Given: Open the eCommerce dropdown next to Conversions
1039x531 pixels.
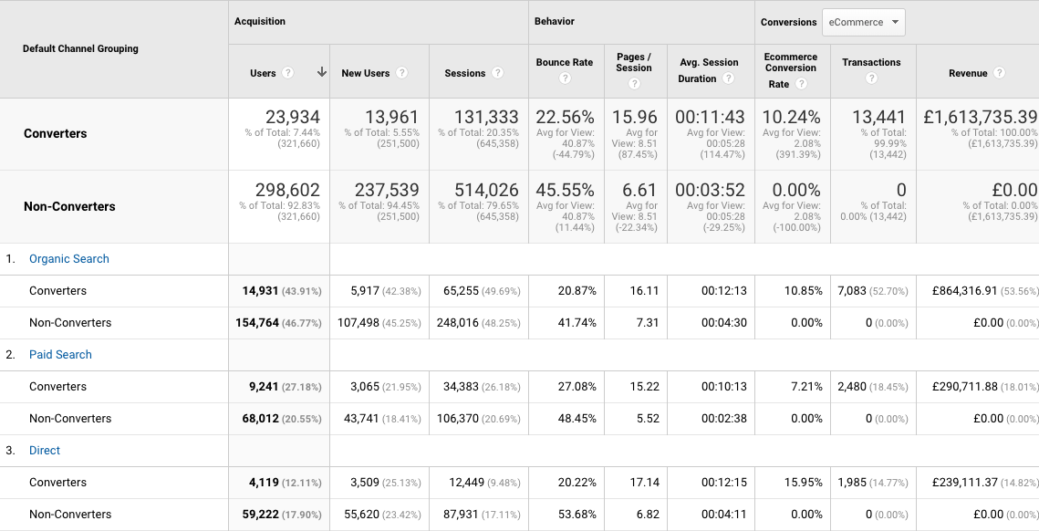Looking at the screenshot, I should (x=863, y=23).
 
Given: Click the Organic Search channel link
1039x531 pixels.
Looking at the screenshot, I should (x=69, y=259).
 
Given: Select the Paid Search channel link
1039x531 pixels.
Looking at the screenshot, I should (x=60, y=355).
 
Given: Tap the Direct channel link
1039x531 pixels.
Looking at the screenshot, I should (x=45, y=451).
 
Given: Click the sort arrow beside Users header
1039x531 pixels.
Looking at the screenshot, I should (x=321, y=73).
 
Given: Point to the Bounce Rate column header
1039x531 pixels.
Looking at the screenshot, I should (x=565, y=63).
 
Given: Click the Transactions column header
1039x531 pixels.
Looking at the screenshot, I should (x=871, y=63).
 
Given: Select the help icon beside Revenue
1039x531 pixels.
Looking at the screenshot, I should (x=1000, y=73).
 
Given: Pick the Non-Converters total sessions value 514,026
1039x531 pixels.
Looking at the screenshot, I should (x=486, y=191).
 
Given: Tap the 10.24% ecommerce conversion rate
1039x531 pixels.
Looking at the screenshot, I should (x=791, y=118).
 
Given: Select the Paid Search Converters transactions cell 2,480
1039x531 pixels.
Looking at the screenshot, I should (x=854, y=387).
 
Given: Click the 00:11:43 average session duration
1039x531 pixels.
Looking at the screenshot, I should (x=710, y=118).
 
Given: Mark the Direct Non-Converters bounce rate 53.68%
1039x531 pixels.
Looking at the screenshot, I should (x=577, y=515).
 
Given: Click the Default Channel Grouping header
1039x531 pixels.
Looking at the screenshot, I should (x=80, y=48).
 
